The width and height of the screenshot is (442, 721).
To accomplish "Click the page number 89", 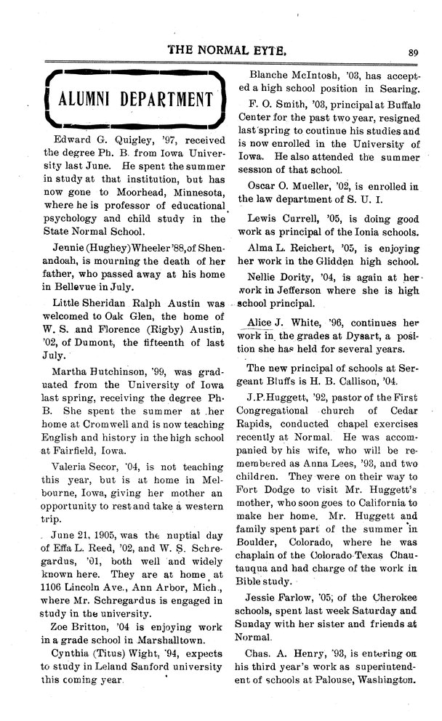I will coord(414,52).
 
